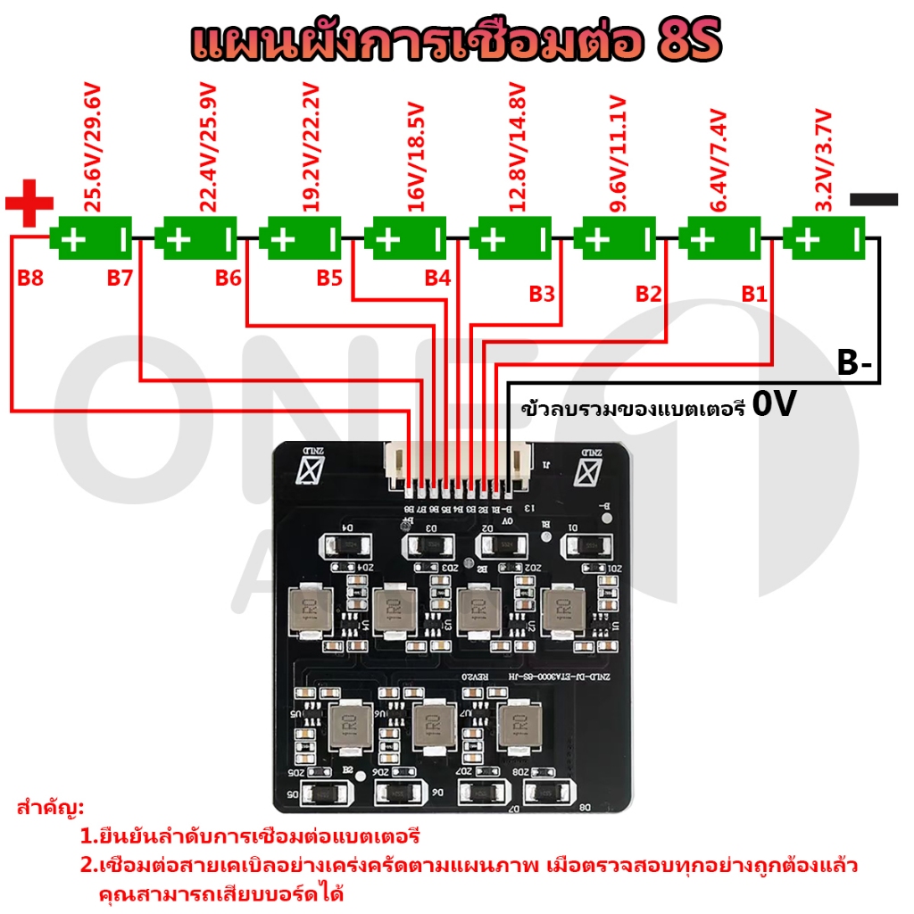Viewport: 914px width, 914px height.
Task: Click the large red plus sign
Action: [x=29, y=204]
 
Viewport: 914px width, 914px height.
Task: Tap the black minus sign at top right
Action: [x=874, y=199]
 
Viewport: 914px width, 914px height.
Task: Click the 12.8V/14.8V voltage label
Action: [x=517, y=147]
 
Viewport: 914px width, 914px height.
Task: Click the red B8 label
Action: [x=30, y=278]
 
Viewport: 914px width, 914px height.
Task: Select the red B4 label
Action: [x=437, y=278]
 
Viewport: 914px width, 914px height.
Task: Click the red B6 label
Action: [x=228, y=278]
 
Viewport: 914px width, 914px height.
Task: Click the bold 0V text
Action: [x=774, y=405]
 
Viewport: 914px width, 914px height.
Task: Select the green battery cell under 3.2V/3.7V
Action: [x=825, y=239]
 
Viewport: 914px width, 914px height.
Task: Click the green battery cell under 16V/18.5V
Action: [x=408, y=239]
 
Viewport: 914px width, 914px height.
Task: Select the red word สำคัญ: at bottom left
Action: [x=50, y=809]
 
